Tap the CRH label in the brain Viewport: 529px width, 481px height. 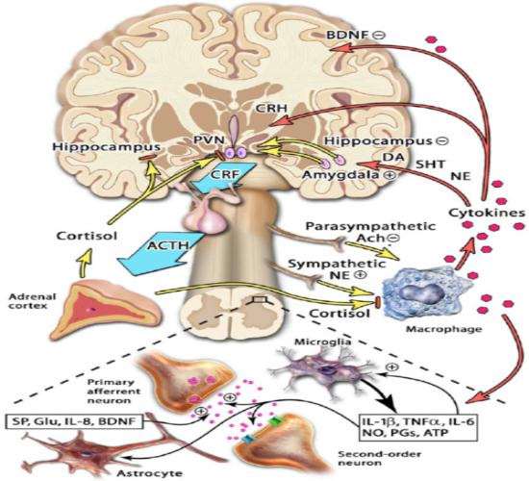point(271,109)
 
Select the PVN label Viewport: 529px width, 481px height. point(209,139)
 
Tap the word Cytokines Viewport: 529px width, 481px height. point(487,213)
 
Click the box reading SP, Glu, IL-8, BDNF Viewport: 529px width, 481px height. point(73,420)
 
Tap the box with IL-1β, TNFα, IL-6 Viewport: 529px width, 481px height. point(418,427)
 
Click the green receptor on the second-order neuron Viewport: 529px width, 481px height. point(276,421)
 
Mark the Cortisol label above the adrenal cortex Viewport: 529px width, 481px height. point(87,235)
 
